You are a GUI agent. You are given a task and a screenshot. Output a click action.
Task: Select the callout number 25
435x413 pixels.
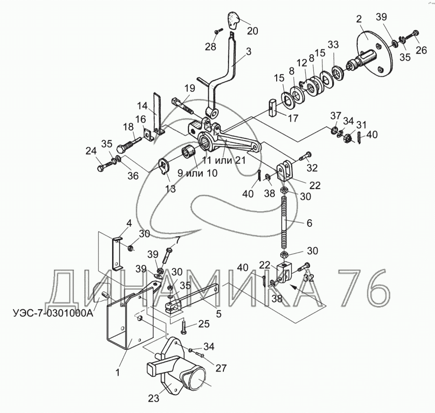(x=203, y=323)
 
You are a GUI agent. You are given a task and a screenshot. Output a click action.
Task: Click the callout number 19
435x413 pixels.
(x=189, y=88)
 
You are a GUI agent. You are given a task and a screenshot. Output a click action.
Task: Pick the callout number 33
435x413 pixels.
(x=333, y=45)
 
